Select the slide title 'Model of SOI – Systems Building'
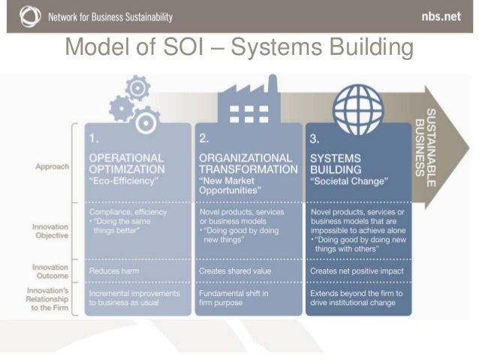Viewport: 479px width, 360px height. [239, 49]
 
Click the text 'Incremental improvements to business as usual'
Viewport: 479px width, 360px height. [134, 297]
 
